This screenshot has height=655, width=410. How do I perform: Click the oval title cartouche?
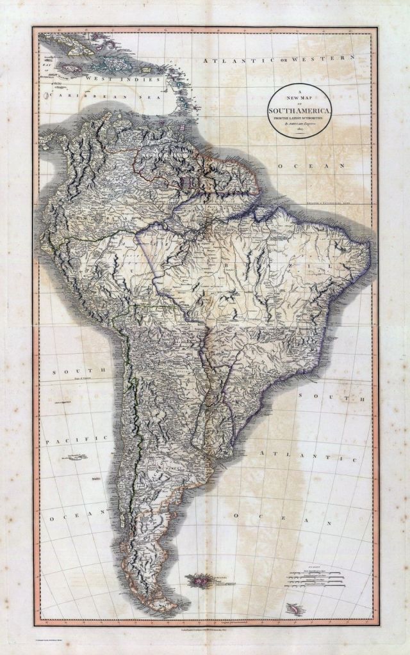pyautogui.click(x=300, y=110)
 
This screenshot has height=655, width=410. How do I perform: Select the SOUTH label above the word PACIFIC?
pyautogui.click(x=74, y=371)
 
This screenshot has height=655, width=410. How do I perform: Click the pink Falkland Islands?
pyautogui.click(x=199, y=580)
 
